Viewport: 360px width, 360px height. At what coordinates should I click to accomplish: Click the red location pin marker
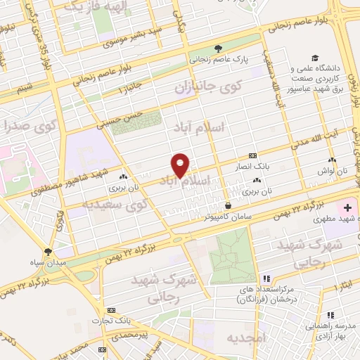pos(181,165)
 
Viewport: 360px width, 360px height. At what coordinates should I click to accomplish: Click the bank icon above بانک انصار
pos(252,155)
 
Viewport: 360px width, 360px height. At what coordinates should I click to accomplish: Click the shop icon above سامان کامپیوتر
pos(228,205)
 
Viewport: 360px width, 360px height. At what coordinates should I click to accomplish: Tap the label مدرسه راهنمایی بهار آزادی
pos(333,326)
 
